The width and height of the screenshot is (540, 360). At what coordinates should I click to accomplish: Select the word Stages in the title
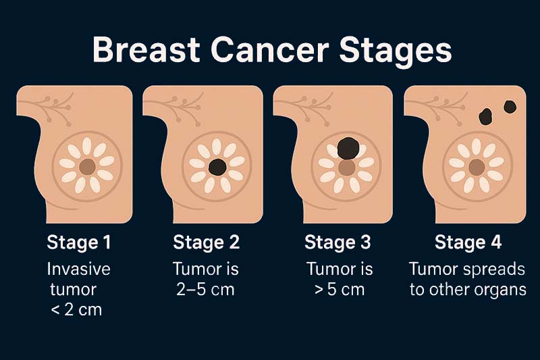tap(392, 51)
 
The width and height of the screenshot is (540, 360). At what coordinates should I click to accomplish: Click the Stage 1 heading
tap(78, 242)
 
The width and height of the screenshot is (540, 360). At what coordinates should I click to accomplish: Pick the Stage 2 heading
tap(206, 242)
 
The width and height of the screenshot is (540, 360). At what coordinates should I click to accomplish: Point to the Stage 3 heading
tap(337, 242)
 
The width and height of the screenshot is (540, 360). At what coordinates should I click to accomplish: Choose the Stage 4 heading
tap(468, 242)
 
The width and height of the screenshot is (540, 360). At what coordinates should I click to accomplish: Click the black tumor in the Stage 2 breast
tap(217, 167)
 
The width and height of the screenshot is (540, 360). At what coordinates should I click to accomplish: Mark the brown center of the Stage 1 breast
tap(87, 166)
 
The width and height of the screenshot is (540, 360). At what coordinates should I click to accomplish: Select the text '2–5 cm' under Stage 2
tap(205, 290)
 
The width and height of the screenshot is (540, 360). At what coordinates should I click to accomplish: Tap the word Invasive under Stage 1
tap(79, 269)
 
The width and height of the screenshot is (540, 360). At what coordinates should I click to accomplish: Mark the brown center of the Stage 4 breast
tap(477, 166)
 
